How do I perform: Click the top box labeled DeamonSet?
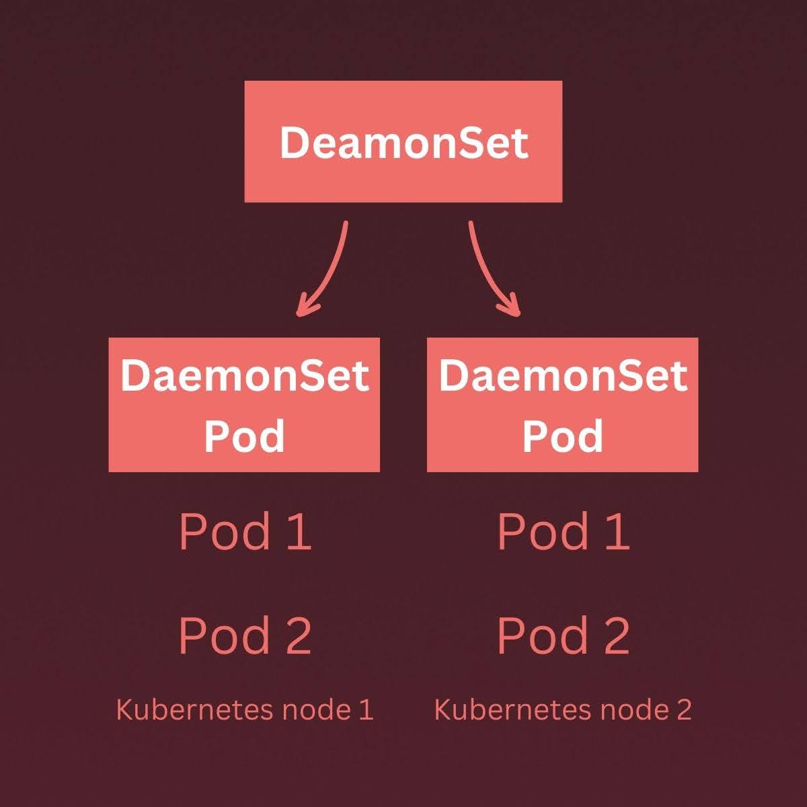coord(403,142)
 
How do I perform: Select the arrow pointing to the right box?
coord(486,269)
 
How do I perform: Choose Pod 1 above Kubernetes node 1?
coord(245,531)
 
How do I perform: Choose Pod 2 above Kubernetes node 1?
coord(245,636)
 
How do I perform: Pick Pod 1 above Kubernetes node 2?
coord(563,531)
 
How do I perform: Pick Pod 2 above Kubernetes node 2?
coord(563,636)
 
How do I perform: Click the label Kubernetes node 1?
coord(245,709)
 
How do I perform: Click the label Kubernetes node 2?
coord(563,709)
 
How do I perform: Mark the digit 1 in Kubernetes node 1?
coord(365,710)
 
